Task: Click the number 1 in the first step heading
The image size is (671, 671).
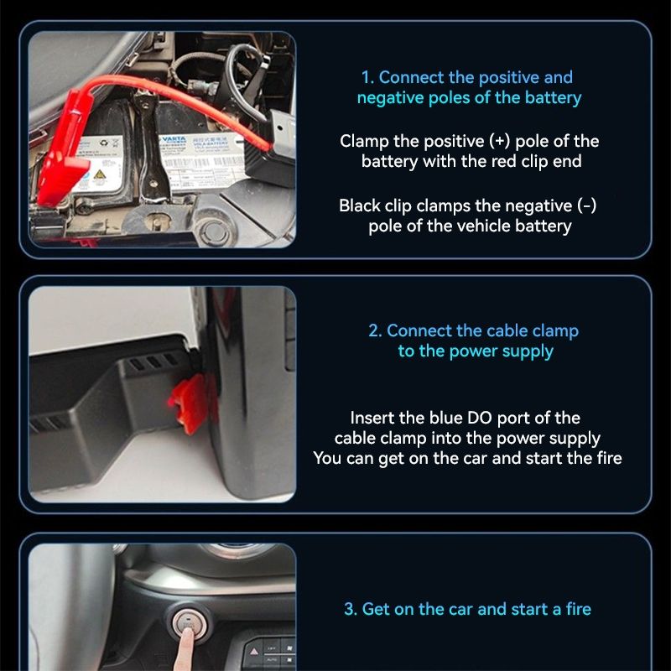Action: point(366,78)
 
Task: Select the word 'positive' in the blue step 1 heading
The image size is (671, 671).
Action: point(508,78)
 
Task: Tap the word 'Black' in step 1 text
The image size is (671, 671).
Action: point(359,205)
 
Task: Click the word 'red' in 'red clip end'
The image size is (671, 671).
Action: point(476,161)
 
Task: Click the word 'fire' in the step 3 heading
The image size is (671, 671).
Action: point(574,610)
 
